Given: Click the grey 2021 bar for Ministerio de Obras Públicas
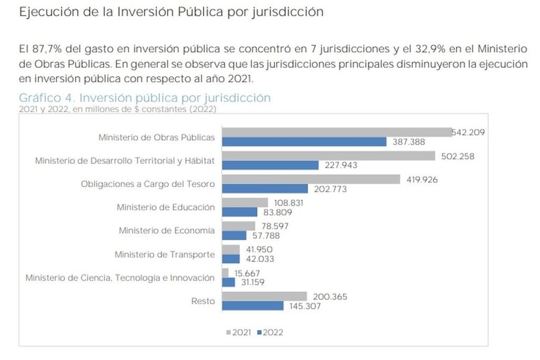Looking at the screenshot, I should click(x=336, y=132).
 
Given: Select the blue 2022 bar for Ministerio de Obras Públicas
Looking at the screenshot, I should click(x=304, y=142).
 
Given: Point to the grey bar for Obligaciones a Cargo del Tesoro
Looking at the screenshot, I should click(x=311, y=179).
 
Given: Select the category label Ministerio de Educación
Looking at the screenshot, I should click(x=166, y=207).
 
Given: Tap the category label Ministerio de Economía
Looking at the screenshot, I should click(x=167, y=230).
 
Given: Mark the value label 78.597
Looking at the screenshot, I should click(x=274, y=226).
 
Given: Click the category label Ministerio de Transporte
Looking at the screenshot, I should click(x=165, y=254).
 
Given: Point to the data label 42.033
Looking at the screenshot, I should click(x=258, y=259).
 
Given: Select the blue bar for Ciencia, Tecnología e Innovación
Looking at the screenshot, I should click(x=228, y=282).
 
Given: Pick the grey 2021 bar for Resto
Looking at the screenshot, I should click(x=264, y=296).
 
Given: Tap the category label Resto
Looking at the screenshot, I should click(x=203, y=301).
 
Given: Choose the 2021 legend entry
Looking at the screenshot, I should click(x=239, y=332).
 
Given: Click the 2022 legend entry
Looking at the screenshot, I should click(x=270, y=332).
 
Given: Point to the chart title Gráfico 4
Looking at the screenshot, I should click(x=145, y=98).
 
